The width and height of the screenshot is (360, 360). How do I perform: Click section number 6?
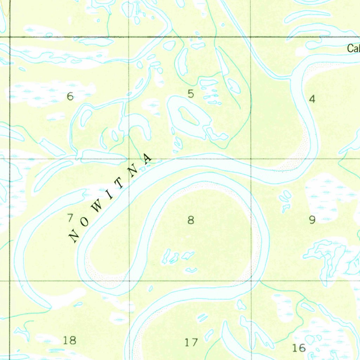(x=70, y=96)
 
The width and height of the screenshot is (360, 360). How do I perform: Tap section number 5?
(x=191, y=94)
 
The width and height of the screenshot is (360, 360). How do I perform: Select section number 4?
(x=312, y=99)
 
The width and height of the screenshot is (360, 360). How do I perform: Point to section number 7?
(x=70, y=218)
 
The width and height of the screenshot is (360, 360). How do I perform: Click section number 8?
(x=191, y=220)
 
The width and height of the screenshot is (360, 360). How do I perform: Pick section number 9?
(x=312, y=220)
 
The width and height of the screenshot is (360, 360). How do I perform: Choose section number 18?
(x=69, y=340)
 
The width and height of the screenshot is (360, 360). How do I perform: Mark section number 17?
(x=191, y=342)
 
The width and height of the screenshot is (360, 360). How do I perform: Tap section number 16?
(x=299, y=348)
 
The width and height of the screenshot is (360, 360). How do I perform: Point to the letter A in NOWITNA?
(x=148, y=158)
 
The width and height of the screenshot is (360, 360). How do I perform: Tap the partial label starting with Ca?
(x=353, y=49)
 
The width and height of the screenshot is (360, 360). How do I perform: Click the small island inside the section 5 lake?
(x=188, y=116)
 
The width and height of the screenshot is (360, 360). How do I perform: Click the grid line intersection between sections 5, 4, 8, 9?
(x=251, y=159)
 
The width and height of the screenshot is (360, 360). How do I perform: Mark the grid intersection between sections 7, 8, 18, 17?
(x=129, y=281)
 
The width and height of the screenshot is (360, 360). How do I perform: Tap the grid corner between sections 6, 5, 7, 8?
(x=129, y=159)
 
